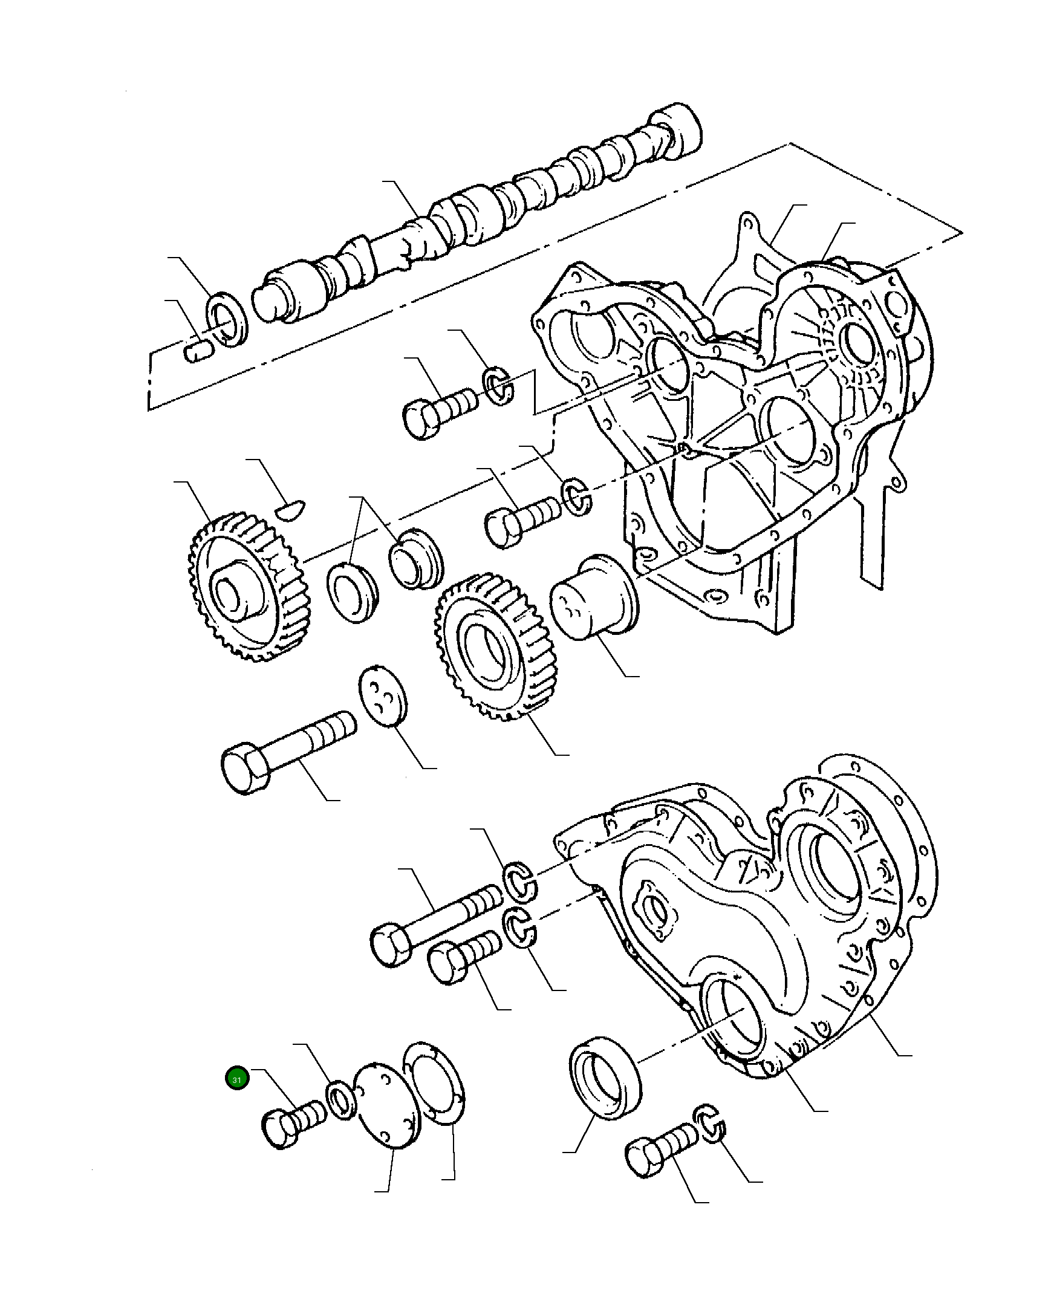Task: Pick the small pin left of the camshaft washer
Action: (x=197, y=351)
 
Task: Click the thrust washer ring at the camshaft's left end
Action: (x=229, y=320)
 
